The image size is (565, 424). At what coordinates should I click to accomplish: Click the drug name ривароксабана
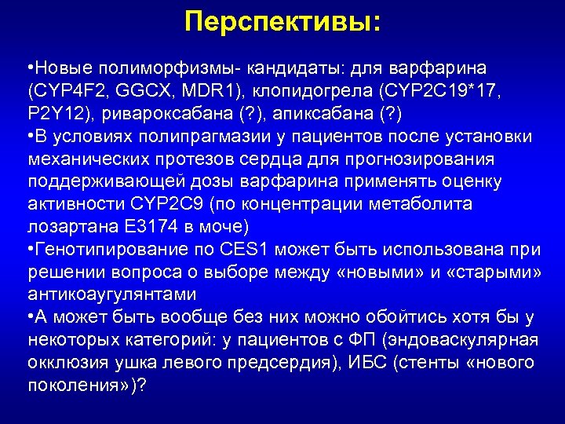[x=155, y=115]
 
